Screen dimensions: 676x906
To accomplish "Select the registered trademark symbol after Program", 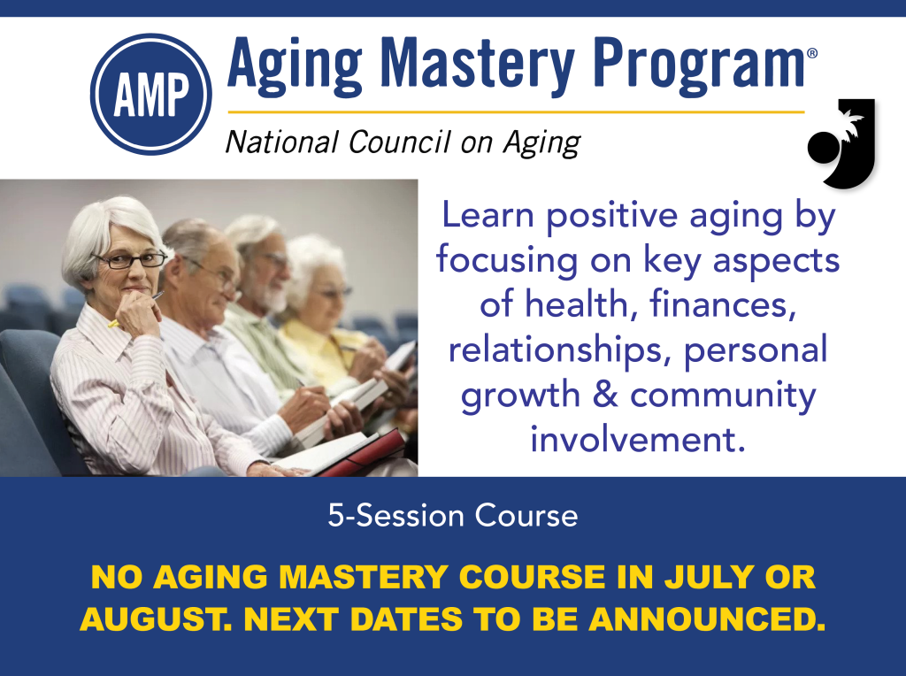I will [812, 54].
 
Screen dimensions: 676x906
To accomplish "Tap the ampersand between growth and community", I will [604, 396].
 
